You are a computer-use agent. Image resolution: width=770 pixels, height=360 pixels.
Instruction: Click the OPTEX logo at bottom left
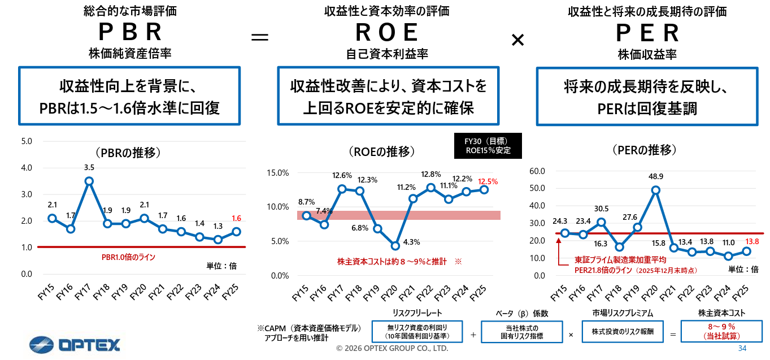coord(74,344)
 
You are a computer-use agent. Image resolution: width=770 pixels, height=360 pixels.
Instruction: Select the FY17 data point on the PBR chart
coord(89,181)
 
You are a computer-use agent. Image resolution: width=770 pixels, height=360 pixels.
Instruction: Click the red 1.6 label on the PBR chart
coord(236,218)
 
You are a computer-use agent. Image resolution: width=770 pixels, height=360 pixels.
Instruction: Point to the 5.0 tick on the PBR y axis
coord(27,141)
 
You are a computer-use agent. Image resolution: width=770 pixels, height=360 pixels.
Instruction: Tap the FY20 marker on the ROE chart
coord(395,246)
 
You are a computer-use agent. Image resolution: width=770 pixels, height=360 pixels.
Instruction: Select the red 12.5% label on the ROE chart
coord(487,181)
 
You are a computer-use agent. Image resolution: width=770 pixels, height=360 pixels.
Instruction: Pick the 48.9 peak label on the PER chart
coord(656,176)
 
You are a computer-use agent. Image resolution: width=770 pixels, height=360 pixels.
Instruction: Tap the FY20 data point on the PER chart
coord(656,190)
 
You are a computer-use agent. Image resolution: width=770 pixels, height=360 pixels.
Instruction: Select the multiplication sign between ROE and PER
coord(517,39)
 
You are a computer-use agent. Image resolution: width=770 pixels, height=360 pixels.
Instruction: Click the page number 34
coord(742,348)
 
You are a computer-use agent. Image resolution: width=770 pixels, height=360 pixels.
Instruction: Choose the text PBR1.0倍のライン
coord(128,257)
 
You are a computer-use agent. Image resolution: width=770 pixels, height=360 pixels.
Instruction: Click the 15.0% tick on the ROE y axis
coord(277,172)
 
